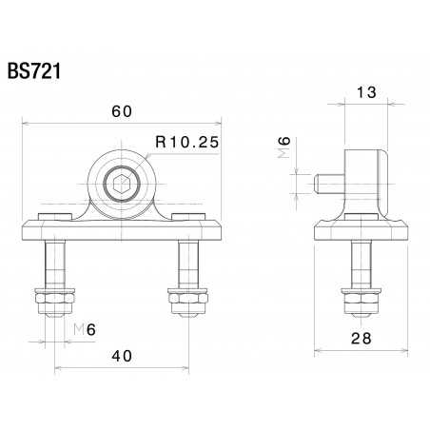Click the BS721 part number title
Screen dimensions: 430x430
tap(34, 72)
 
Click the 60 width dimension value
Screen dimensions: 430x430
tap(121, 111)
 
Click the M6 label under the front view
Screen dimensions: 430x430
tap(84, 330)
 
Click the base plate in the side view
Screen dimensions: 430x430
tap(361, 229)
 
